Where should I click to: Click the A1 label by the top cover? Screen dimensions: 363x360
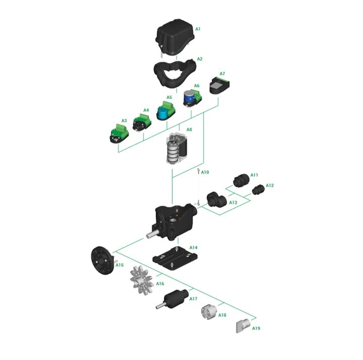(198, 29)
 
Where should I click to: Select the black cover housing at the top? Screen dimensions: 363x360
(175, 37)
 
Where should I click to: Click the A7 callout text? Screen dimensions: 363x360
(222, 74)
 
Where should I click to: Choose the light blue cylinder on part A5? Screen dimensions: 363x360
(163, 113)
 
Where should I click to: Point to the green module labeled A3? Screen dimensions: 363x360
(119, 134)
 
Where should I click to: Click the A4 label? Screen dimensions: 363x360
(146, 110)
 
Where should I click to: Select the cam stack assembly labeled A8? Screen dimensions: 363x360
(176, 148)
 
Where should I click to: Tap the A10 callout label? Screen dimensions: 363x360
(205, 172)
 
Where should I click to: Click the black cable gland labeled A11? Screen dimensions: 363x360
(241, 181)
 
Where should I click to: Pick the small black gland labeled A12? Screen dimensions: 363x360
(258, 190)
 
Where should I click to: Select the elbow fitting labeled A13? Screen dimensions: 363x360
(216, 199)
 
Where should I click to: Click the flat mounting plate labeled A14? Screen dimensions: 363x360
(175, 258)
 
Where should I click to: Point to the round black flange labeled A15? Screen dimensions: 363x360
(102, 261)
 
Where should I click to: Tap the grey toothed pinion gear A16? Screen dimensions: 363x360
(142, 280)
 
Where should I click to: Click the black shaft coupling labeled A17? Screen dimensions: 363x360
(173, 299)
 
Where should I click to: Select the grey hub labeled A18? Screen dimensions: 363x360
(209, 312)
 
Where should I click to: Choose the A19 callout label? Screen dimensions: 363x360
(256, 328)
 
